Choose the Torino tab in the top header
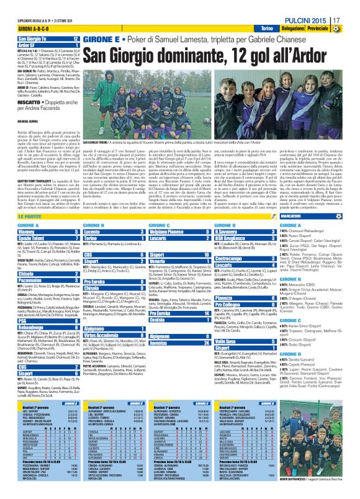pyautogui.click(x=266, y=29)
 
